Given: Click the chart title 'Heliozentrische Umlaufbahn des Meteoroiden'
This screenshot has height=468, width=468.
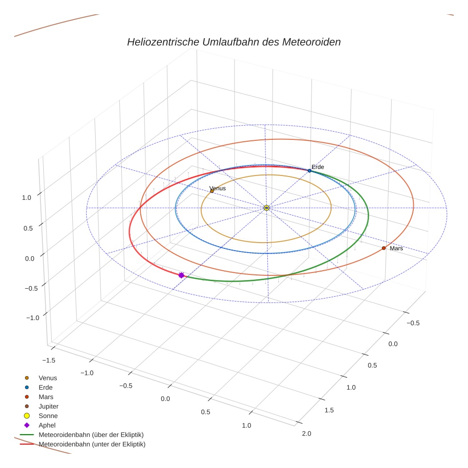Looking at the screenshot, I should (234, 42).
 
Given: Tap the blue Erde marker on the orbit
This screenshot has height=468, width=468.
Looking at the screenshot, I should (309, 171).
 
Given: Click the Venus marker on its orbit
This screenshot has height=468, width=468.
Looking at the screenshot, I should (212, 191).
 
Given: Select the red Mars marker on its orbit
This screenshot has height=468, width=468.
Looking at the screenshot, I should (383, 248).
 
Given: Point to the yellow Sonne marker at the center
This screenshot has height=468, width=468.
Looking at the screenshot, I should (266, 208).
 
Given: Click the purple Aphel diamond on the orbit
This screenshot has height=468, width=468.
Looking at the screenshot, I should (181, 275).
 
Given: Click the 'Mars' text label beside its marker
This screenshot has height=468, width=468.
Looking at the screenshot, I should (396, 248).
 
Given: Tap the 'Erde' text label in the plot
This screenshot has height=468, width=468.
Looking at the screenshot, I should (317, 167).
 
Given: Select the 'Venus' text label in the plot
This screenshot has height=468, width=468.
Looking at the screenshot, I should (217, 188).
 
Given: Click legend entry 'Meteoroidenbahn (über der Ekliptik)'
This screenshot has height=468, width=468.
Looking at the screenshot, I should (91, 435).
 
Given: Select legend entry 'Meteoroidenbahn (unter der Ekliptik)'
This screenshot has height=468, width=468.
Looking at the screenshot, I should (92, 444).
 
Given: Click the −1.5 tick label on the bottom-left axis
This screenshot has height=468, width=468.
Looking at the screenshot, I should (49, 360).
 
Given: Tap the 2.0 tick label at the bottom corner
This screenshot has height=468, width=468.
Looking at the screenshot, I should (306, 433).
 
